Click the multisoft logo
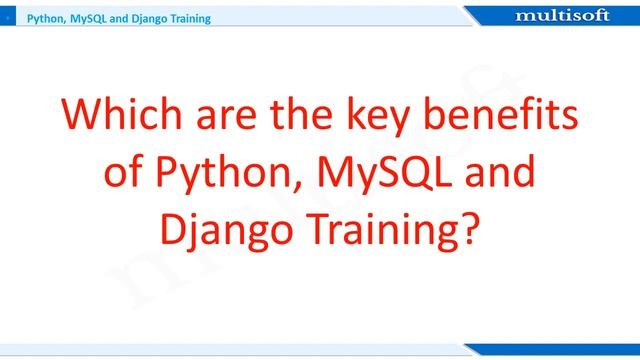[567, 16]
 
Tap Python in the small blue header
[45, 18]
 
